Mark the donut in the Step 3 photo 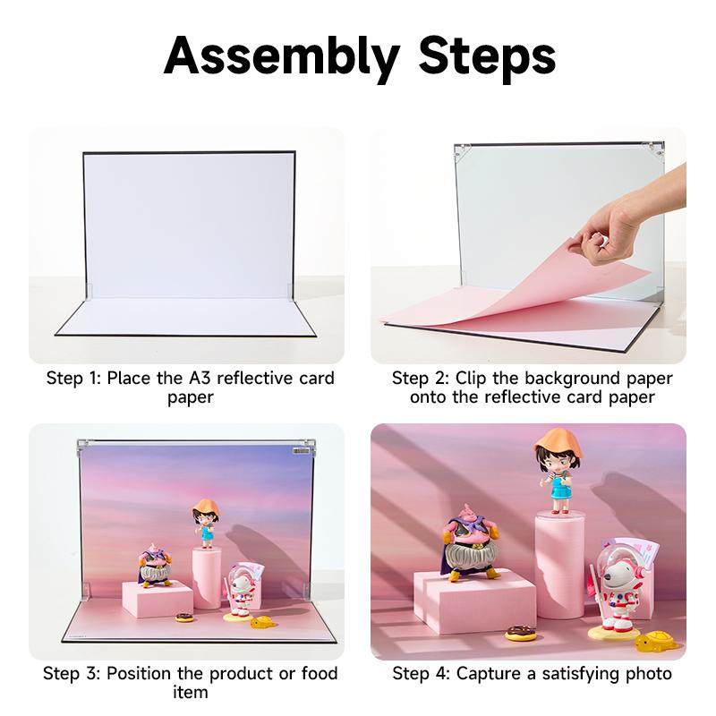click(x=184, y=617)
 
